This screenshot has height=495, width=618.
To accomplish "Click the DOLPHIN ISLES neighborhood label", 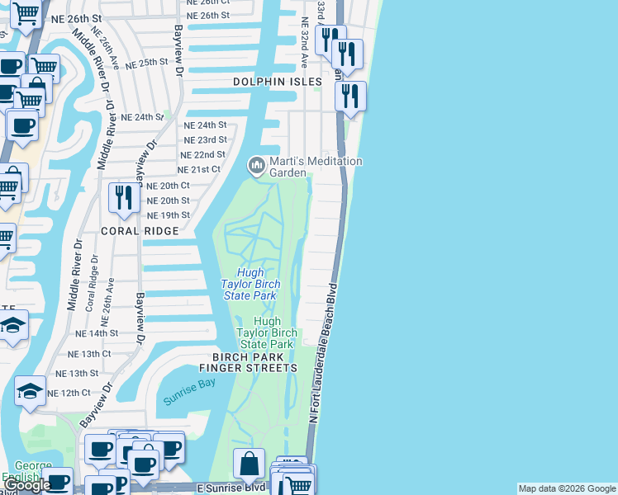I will point(276,82).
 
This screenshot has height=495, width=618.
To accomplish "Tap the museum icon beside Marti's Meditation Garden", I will point(257,167).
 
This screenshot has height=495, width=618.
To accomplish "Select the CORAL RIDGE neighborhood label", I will point(140,232).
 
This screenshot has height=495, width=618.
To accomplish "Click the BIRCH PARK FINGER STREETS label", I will point(248,362).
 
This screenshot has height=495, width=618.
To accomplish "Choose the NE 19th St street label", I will point(168,215).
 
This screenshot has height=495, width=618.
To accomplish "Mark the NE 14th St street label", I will point(97,333).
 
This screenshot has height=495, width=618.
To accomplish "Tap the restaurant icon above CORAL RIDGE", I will point(122,198).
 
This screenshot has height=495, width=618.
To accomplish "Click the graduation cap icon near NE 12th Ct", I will point(31,391).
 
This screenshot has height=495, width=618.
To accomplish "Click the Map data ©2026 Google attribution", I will point(567,488).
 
